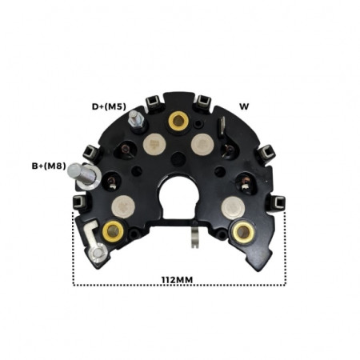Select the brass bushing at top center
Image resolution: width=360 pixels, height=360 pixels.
[178, 121]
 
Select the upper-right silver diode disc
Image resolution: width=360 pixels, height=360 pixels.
[202, 144]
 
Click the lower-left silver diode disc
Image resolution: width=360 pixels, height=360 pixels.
[123, 206]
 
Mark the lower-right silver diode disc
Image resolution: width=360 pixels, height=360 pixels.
[232, 206]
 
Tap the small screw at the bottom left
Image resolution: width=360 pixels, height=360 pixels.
[98, 254]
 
